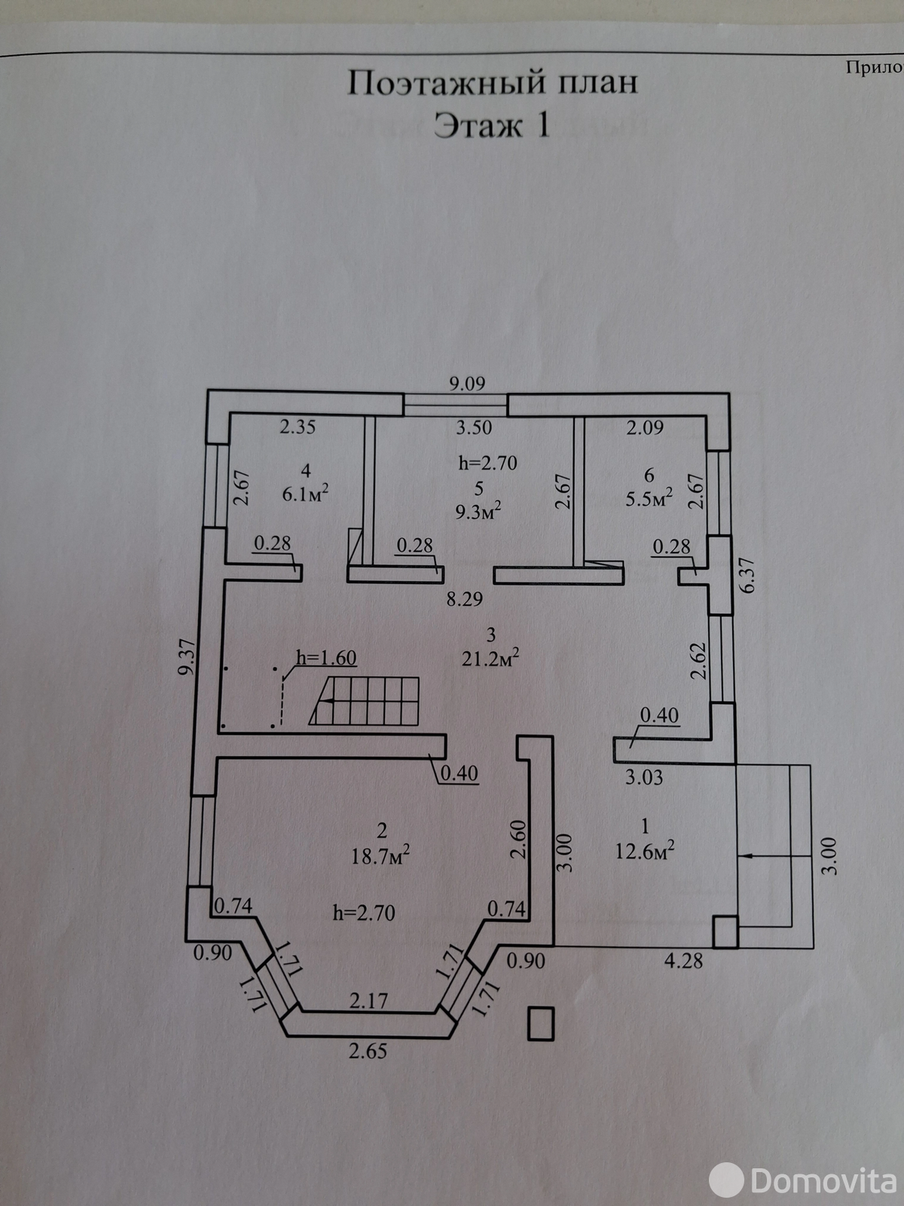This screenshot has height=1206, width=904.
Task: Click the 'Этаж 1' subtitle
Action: coord(492,126)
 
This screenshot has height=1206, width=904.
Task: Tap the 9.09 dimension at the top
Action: coord(467,383)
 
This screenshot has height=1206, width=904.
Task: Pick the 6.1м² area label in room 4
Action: coord(305,493)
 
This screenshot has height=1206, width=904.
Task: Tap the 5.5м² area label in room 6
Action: coord(649,497)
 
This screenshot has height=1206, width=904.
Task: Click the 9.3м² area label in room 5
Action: coord(478,512)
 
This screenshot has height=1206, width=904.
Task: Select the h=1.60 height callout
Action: coord(326,658)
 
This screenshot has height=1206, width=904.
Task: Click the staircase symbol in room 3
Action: coord(365,701)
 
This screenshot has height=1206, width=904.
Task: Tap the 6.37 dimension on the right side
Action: coord(749,574)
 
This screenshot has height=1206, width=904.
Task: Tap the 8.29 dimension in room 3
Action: coord(464,598)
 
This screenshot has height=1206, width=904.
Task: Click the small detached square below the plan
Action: coord(541,1023)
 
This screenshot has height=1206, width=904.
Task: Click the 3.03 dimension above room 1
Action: coord(644,777)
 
